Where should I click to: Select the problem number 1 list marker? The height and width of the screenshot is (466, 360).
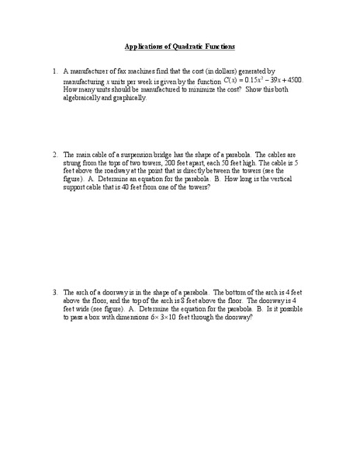point(55,71)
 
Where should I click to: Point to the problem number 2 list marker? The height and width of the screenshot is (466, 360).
point(55,154)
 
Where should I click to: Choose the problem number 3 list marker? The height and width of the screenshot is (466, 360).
point(55,292)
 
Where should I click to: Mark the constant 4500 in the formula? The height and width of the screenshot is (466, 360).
point(293,80)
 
